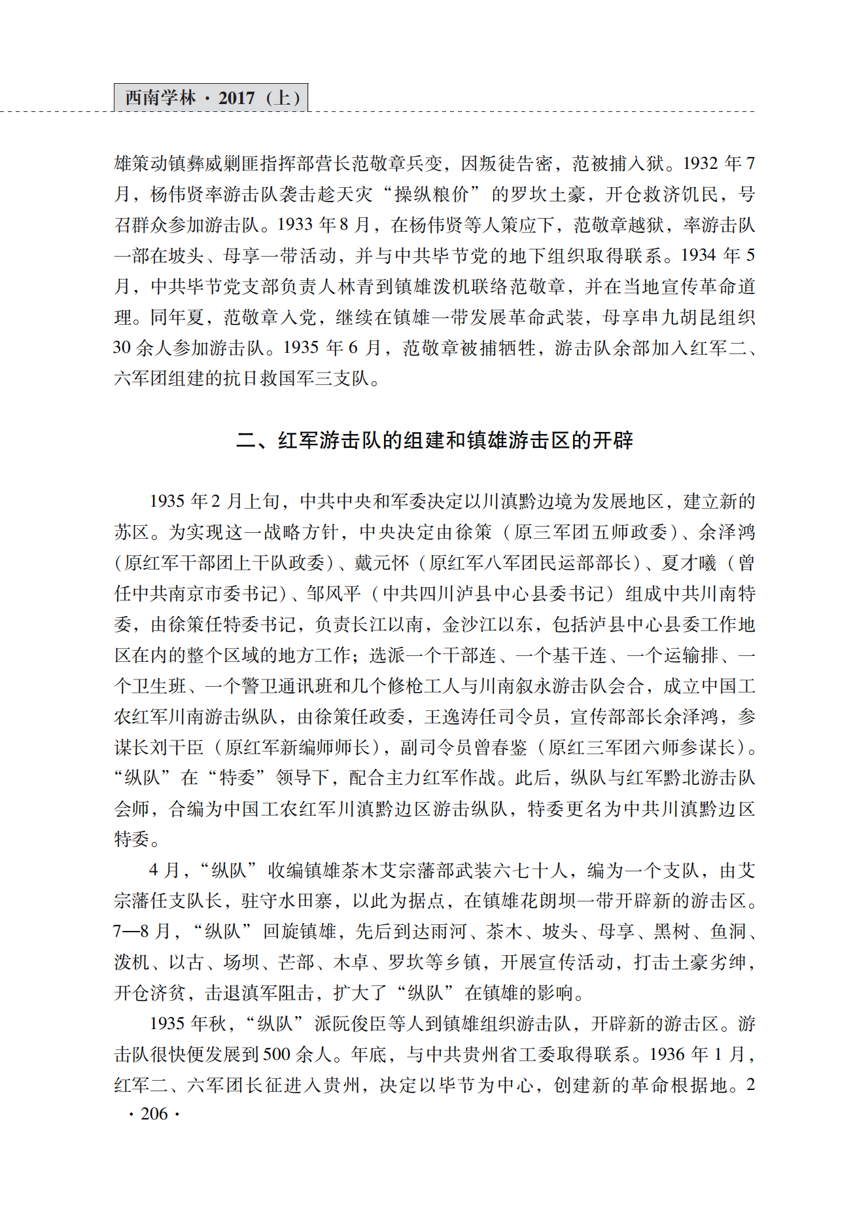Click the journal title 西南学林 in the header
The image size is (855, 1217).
160,98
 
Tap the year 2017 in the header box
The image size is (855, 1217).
236,98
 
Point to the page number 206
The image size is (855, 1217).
154,1114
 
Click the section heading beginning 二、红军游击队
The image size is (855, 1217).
434,440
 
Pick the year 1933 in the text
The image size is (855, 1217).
295,225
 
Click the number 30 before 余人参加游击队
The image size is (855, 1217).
122,348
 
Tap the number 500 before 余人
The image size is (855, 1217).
277,1055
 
